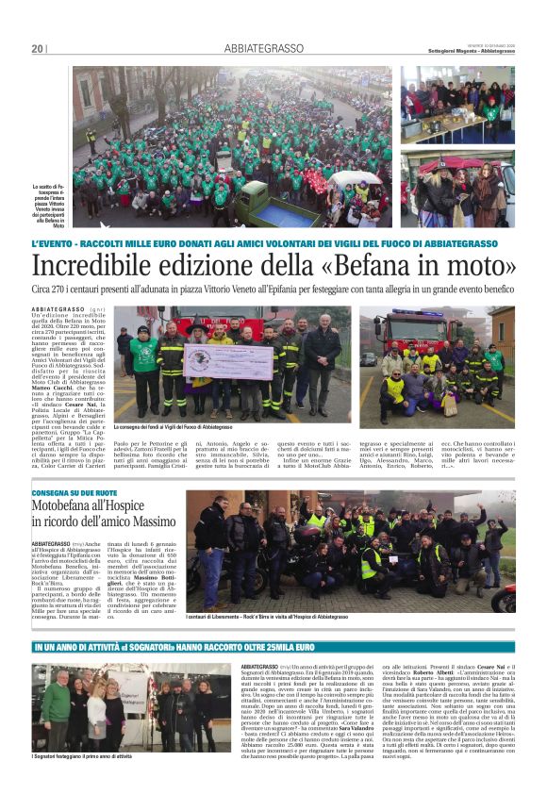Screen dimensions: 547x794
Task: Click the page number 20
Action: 38,48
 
